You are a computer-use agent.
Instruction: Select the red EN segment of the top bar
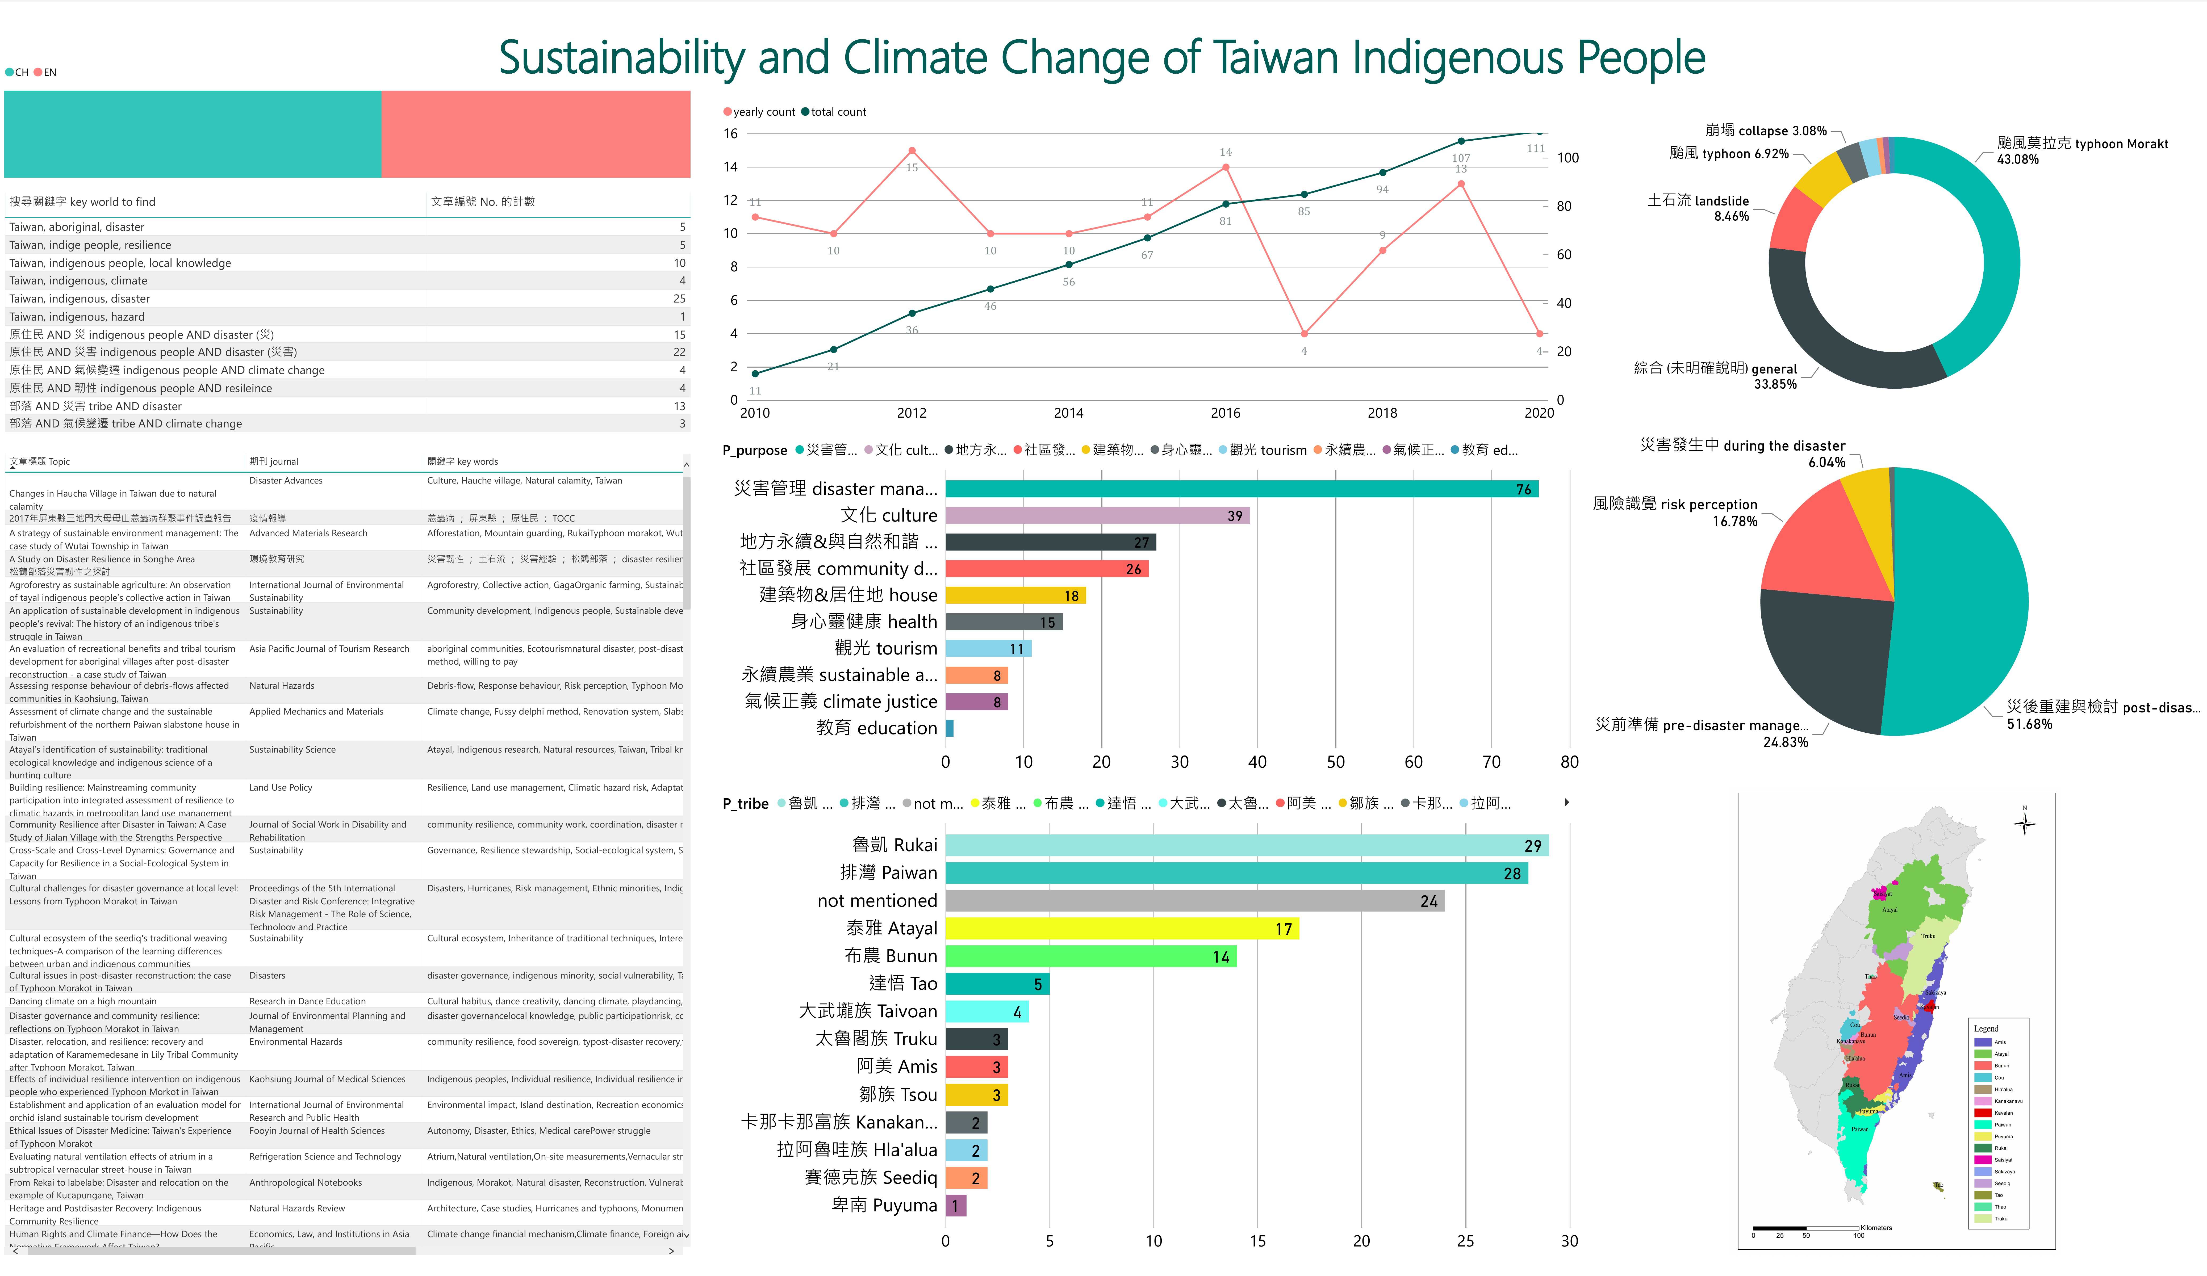535,134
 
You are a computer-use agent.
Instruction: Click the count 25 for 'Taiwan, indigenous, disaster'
679,299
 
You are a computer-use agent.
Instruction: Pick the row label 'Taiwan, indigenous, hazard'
77,317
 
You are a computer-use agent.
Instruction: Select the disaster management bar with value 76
1241,489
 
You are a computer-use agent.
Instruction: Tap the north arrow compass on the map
2024,823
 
